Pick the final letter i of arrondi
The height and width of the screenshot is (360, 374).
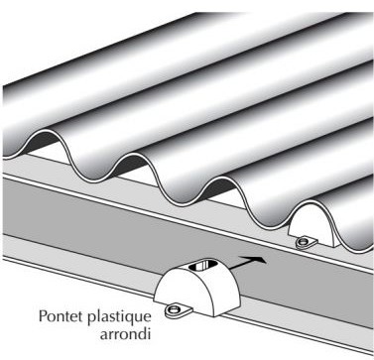point(134,336)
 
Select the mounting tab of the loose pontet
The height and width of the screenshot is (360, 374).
point(180,309)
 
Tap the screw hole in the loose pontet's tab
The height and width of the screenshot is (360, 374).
point(177,310)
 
